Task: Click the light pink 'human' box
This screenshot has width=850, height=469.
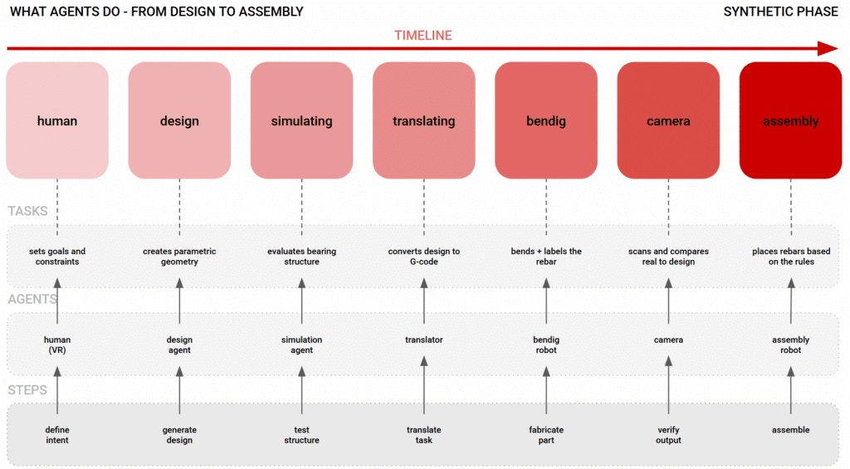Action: coord(57,120)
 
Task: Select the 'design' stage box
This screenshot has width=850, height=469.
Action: coord(179,120)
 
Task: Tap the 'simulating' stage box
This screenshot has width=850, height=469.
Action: coord(301,120)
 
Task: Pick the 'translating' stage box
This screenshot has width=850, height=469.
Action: coord(424,120)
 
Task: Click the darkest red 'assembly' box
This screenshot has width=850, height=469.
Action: coord(790,120)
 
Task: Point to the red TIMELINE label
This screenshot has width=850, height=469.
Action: coord(423,36)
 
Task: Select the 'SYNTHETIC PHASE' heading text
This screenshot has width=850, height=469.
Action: coord(780,12)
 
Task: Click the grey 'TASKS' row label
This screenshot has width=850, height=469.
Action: coord(27,211)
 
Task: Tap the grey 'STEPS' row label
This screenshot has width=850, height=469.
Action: coord(27,390)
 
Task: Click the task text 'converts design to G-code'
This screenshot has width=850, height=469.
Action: coord(424,256)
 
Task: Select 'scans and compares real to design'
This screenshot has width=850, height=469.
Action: coord(668,256)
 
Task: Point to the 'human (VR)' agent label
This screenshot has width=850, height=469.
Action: coord(57,344)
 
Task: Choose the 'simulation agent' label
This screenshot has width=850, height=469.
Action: coord(301,344)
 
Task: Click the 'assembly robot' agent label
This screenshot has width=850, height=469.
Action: coord(790,344)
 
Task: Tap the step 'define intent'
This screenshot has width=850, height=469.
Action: coord(57,435)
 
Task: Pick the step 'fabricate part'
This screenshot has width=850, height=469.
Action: coord(546,435)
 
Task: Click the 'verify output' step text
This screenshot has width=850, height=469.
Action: coord(668,435)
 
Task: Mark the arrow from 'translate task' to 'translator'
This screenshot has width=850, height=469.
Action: coord(424,385)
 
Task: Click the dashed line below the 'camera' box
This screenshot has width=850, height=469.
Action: coord(668,208)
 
